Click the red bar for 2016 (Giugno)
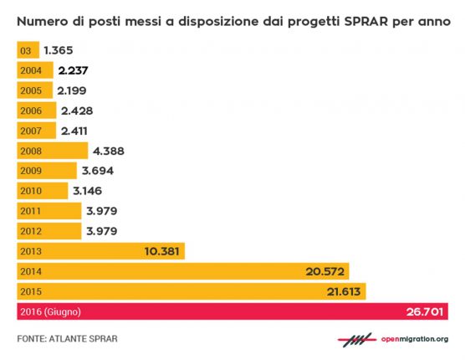[x=232, y=311]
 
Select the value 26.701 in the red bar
[x=425, y=311]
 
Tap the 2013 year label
[x=31, y=251]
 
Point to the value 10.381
[x=162, y=251]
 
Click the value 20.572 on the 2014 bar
[x=325, y=271]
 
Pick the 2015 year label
[x=31, y=291]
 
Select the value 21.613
[x=344, y=291]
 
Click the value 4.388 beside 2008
[x=109, y=151]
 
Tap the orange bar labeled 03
[x=28, y=50]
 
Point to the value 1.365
[x=59, y=50]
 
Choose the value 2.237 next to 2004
[x=73, y=70]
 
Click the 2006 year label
[x=31, y=111]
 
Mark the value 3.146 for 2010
[x=88, y=191]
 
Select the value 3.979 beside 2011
[x=102, y=211]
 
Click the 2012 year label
[x=31, y=231]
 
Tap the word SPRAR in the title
[x=366, y=22]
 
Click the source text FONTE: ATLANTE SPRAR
[x=67, y=338]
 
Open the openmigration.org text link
[x=415, y=339]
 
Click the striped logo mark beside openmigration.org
[x=357, y=340]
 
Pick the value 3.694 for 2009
[x=98, y=171]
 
